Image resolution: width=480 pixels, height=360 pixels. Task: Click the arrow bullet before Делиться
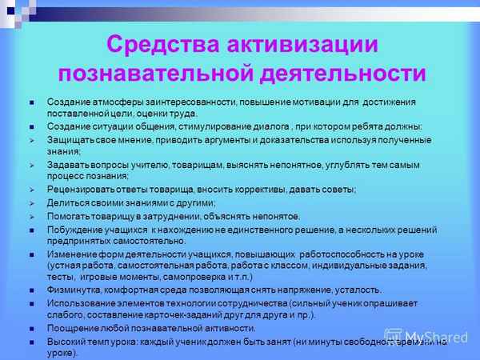click(32, 202)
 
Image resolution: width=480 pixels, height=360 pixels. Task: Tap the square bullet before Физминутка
click(32, 290)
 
